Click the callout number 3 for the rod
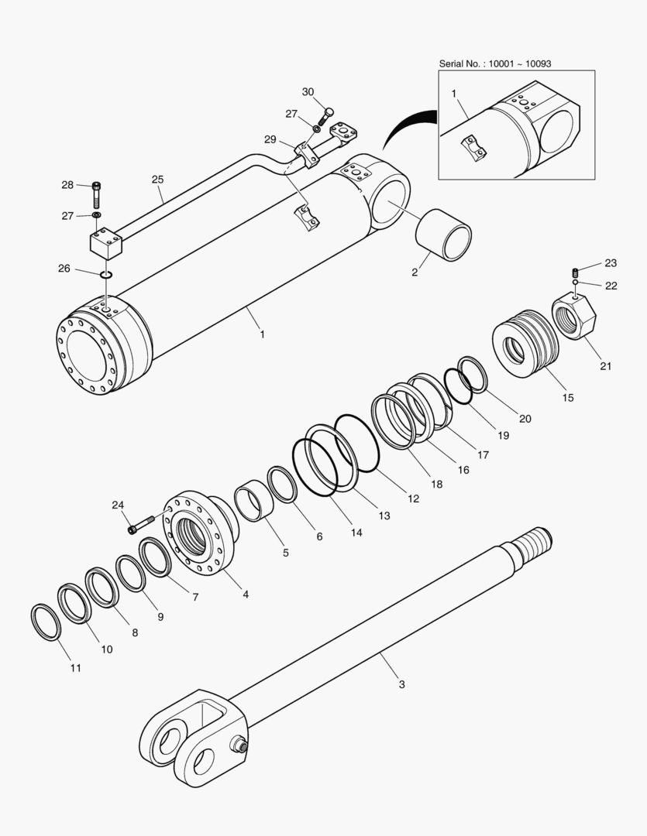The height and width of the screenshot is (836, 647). [x=401, y=684]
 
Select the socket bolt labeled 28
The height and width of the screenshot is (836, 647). [x=96, y=190]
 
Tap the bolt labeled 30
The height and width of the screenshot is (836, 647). [x=328, y=113]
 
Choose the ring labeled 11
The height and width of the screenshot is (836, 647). [x=46, y=622]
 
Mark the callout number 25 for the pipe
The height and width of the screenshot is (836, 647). [x=157, y=179]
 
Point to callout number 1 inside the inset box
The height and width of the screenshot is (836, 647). [x=454, y=92]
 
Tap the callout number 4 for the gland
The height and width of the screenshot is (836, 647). [x=246, y=594]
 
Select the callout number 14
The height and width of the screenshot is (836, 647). [x=356, y=533]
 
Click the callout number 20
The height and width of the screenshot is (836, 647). [x=525, y=419]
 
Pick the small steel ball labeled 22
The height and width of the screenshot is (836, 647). [x=576, y=284]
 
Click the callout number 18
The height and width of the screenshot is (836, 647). [x=436, y=484]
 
